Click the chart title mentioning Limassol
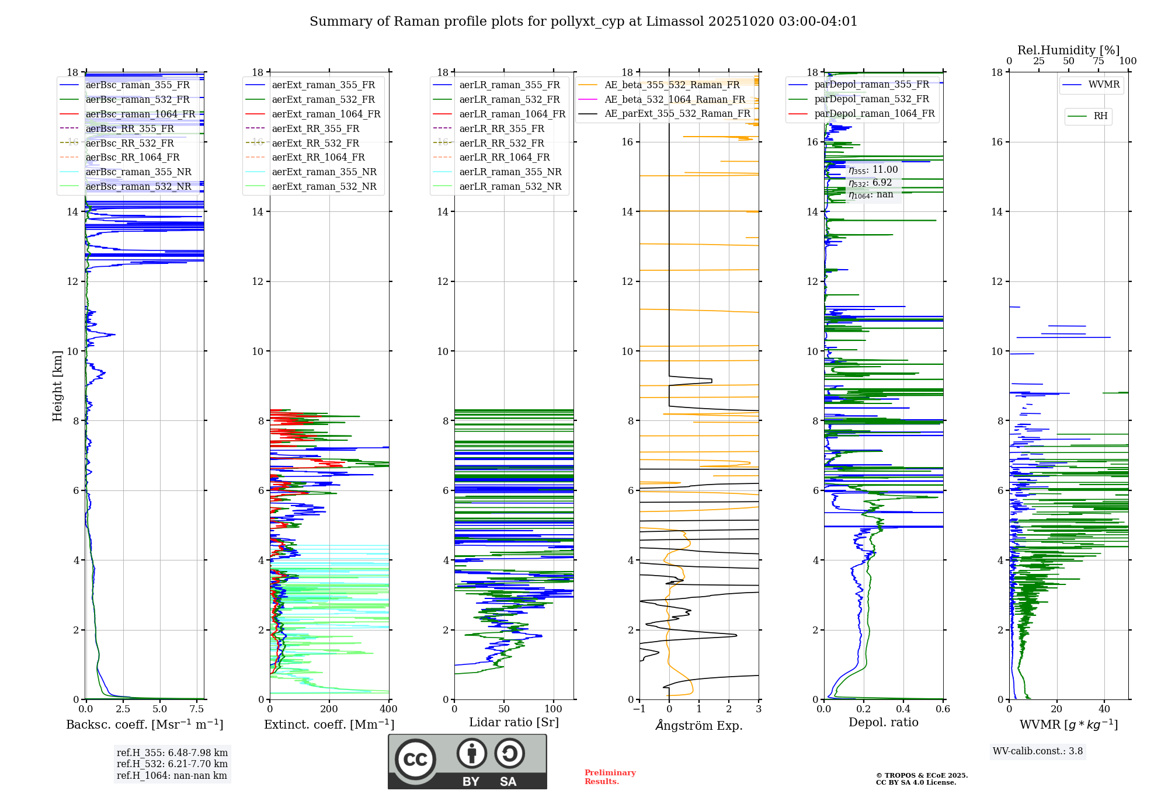583,22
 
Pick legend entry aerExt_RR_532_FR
315,143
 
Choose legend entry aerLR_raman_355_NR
510,172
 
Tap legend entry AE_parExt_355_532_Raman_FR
677,113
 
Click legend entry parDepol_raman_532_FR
871,99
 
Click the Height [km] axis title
57,385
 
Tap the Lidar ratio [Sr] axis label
514,722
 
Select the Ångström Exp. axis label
699,725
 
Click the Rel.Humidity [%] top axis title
1068,50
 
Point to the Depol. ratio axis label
883,722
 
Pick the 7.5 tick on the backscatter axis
197,709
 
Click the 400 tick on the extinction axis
388,709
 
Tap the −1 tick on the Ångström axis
639,709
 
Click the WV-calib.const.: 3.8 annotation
1038,751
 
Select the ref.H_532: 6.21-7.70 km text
172,764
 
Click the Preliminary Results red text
610,776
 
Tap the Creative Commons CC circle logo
415,759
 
